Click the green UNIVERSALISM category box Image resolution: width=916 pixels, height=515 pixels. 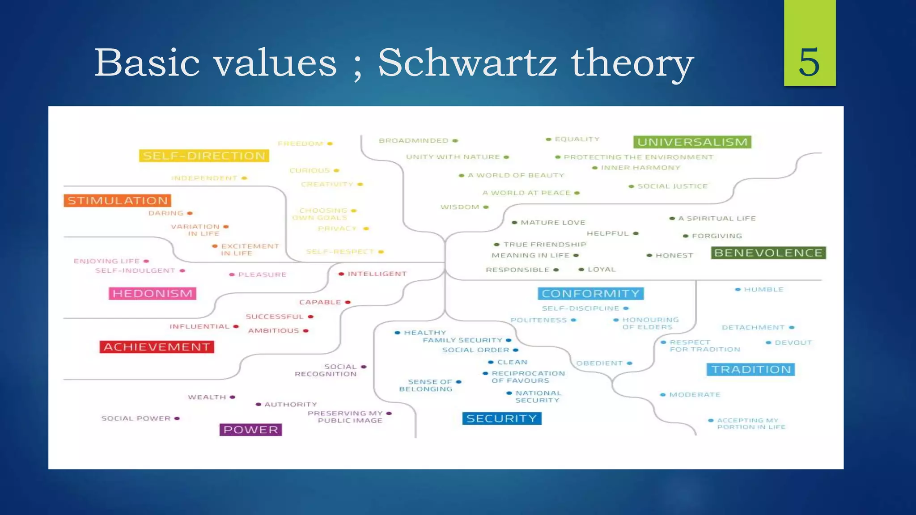point(692,142)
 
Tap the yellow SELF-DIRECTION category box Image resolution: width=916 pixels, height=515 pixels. point(204,156)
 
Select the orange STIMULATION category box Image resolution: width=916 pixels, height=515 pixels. point(118,200)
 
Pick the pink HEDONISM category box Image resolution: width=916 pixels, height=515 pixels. point(153,293)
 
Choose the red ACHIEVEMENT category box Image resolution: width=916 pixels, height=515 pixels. point(157,347)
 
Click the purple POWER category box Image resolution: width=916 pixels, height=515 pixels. point(250,430)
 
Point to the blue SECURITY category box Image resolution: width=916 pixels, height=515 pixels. point(501,418)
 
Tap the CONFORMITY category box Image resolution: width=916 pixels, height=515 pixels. point(590,294)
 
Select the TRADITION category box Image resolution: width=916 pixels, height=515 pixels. point(751,370)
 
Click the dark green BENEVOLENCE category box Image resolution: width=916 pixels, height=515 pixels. point(768,253)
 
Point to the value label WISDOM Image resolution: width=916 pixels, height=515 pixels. point(460,207)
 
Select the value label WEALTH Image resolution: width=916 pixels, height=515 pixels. point(207,397)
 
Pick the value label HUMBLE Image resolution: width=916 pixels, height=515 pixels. point(763,290)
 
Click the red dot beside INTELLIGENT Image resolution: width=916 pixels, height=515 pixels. point(341,274)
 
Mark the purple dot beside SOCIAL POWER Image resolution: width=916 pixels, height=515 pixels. point(177,418)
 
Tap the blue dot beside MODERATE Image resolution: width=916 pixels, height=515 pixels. point(663,395)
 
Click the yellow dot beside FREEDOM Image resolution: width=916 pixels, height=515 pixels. point(330,144)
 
